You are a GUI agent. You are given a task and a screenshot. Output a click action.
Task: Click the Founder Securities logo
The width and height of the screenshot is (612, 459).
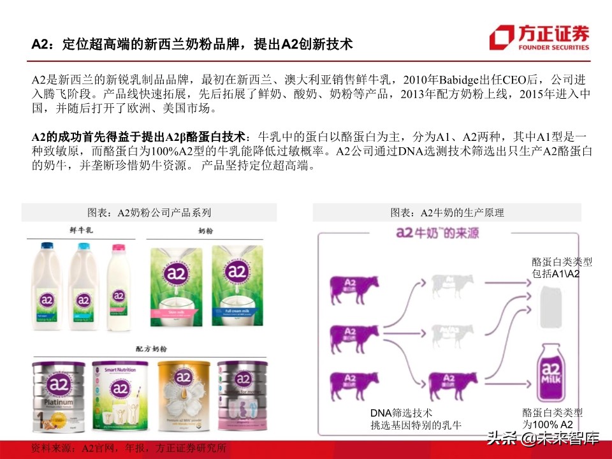pyautogui.click(x=539, y=37)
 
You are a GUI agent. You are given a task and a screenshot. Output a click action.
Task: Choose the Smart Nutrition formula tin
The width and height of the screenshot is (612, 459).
pyautogui.click(x=120, y=395)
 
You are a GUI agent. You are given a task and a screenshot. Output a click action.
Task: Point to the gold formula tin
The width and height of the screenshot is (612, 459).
pyautogui.click(x=184, y=395)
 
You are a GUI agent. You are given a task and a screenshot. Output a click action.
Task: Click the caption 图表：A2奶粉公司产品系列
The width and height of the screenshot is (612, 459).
pyautogui.click(x=149, y=212)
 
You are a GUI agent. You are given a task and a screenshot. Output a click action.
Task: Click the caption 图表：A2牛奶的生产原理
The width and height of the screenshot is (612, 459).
pyautogui.click(x=447, y=212)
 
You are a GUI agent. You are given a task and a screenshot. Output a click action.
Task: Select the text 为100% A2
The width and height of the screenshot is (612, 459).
pyautogui.click(x=548, y=425)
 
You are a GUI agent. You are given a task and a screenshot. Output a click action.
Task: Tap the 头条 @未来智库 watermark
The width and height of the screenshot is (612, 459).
pyautogui.click(x=543, y=439)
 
